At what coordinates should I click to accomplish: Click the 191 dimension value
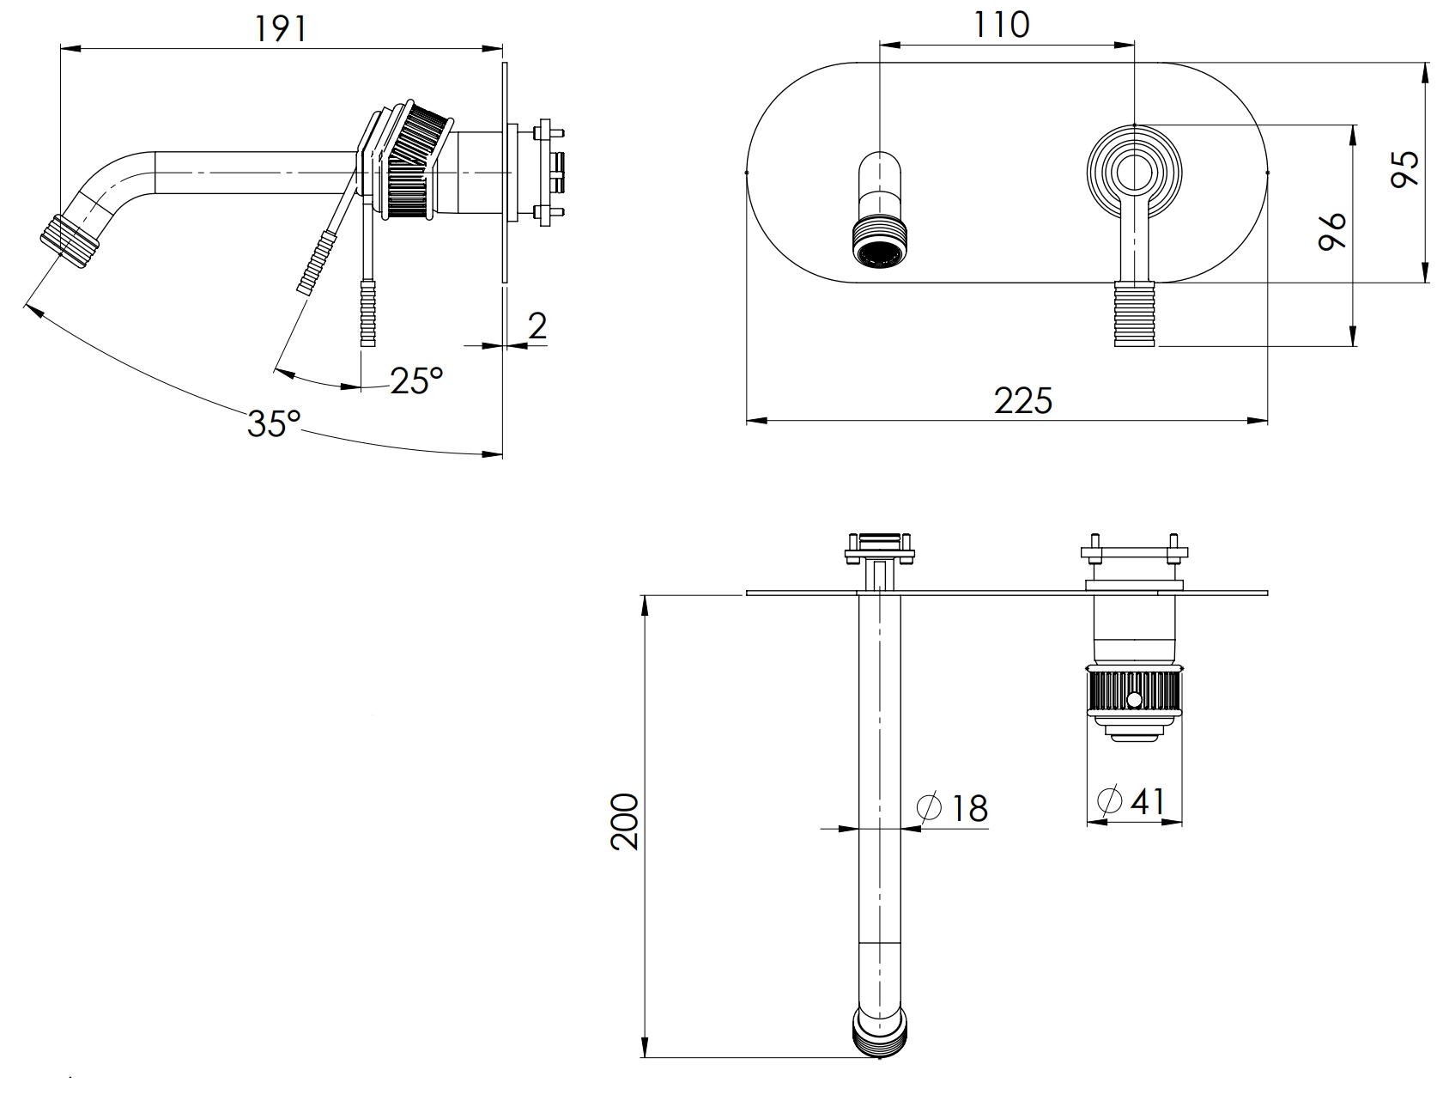(x=280, y=28)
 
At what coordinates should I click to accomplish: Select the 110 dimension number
(x=1002, y=25)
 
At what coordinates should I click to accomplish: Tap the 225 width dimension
(x=1023, y=400)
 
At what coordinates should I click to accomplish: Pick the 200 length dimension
(x=626, y=822)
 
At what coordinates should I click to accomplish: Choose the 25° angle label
(x=416, y=380)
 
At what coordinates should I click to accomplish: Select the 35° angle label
(x=274, y=423)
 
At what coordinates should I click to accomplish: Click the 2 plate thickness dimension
(x=537, y=326)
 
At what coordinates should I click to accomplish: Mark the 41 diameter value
(x=1148, y=800)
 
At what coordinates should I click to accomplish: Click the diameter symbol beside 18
(x=930, y=808)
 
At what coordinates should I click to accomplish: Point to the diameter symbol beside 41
(x=1109, y=800)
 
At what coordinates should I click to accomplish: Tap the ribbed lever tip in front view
(x=1136, y=313)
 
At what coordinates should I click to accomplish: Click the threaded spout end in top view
(x=880, y=1031)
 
